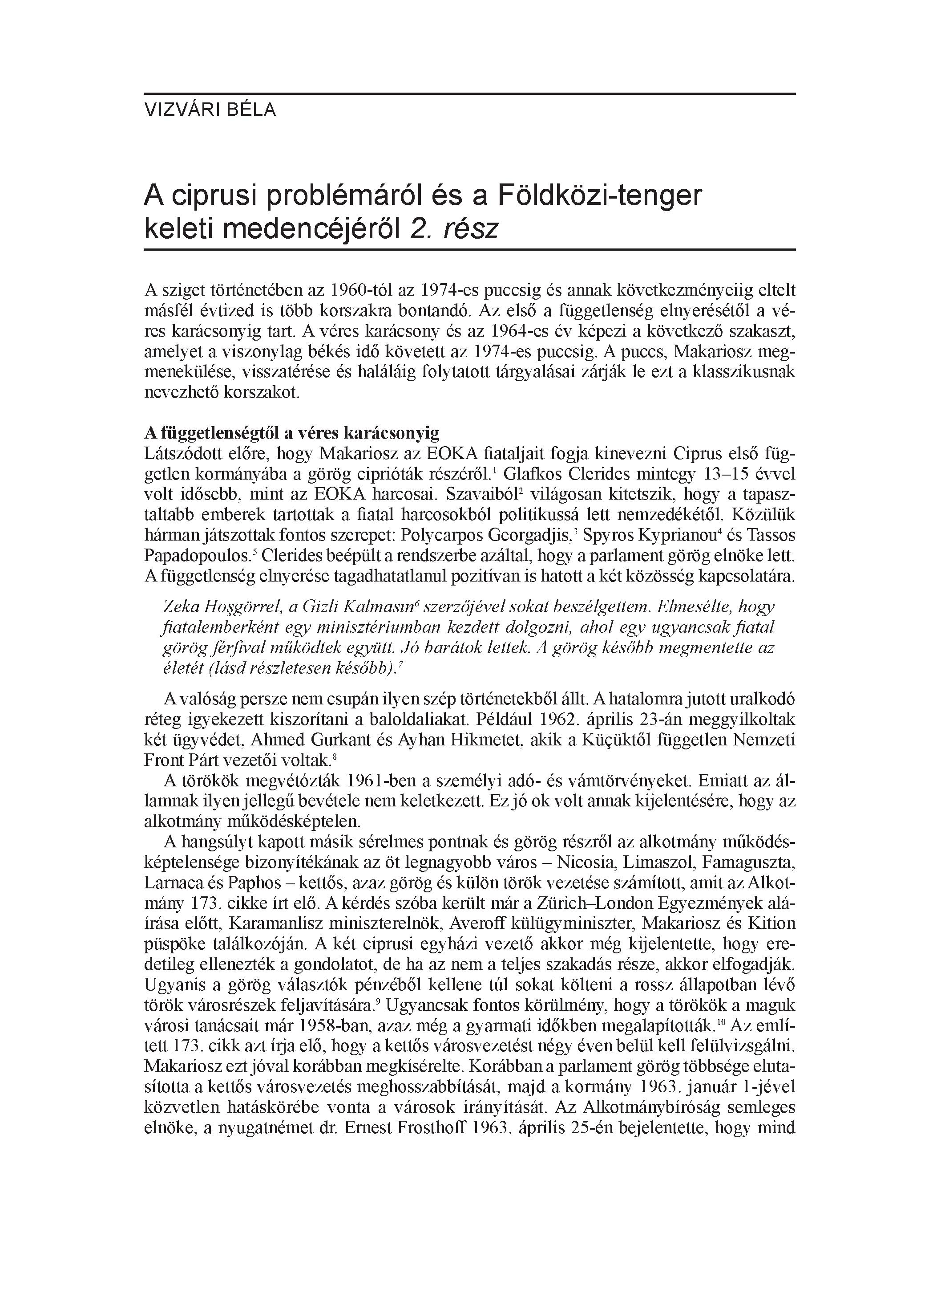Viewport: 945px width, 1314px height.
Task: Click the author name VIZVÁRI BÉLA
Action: click(x=210, y=110)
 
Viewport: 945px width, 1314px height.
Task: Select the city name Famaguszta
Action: click(x=749, y=862)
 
